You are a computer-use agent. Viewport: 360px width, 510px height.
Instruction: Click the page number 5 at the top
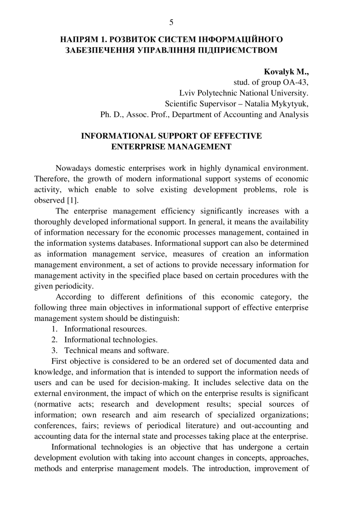point(171,22)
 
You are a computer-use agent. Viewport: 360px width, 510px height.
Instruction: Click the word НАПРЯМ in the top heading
point(78,40)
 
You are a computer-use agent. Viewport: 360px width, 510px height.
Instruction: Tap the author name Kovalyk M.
point(286,72)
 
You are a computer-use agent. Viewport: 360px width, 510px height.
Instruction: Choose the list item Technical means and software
point(116,350)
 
